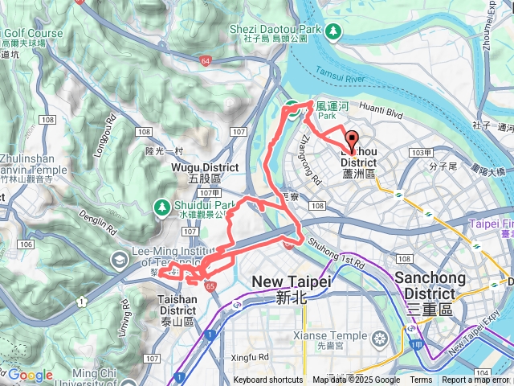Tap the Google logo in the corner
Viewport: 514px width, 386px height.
click(30, 376)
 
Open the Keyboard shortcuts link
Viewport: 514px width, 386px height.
click(268, 380)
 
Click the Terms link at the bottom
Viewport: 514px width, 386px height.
click(421, 380)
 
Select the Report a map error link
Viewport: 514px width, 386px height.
click(475, 380)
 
